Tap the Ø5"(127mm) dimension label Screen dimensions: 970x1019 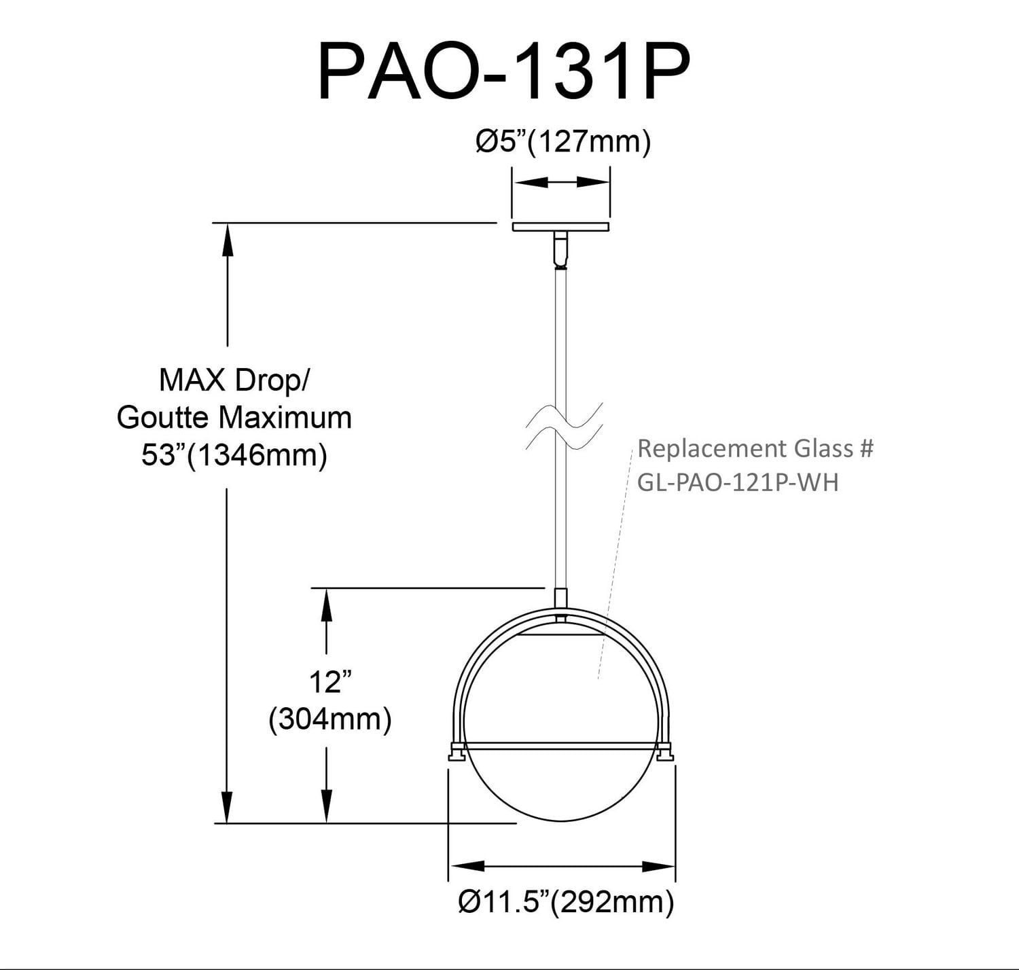coord(563,142)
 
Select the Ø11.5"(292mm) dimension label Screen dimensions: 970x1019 coord(566,901)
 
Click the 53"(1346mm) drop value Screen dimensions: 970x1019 coord(234,455)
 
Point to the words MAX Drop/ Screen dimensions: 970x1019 coord(234,380)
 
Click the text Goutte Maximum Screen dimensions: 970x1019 coord(234,417)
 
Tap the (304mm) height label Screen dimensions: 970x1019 coord(330,719)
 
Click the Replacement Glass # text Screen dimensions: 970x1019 coord(755,448)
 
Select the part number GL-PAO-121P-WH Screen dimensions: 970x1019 coord(738,482)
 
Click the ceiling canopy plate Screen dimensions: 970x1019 coord(561,227)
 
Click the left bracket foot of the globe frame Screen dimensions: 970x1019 coord(455,753)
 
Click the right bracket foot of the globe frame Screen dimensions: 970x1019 coord(666,752)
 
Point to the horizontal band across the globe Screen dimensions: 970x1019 coord(561,746)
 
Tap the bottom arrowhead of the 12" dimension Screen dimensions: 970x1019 coord(327,807)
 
